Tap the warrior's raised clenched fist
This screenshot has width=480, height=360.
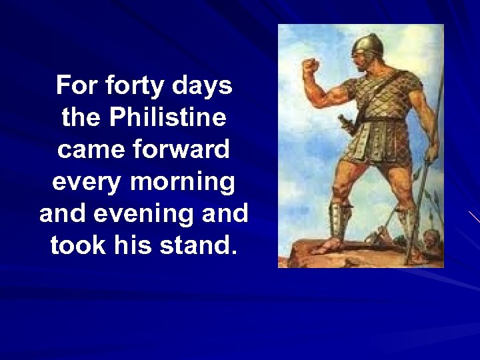point(311,69)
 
